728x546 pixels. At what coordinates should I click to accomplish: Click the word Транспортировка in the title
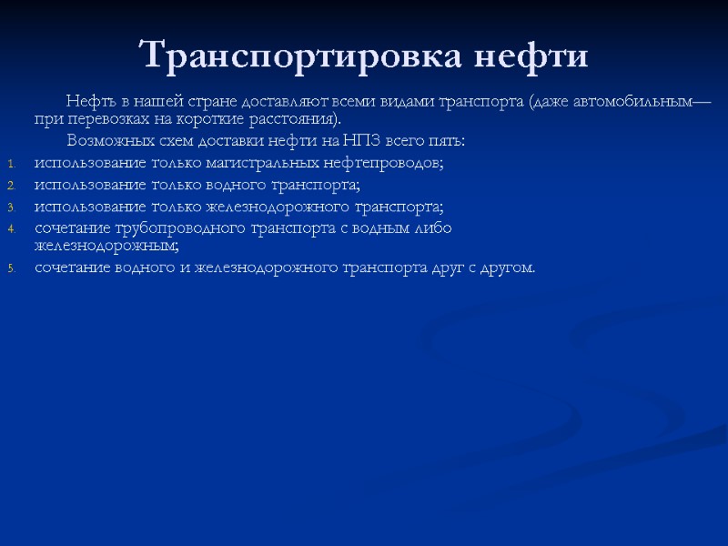pos(301,56)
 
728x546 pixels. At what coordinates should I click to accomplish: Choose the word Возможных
pos(103,141)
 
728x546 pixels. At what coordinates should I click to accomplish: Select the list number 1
pos(12,164)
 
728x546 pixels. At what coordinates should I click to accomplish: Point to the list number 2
pos(12,186)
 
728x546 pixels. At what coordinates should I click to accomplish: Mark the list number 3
pos(12,207)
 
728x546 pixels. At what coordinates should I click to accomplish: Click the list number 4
pos(12,229)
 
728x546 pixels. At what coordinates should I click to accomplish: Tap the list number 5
pos(12,268)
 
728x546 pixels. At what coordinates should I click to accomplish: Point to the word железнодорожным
pos(106,246)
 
